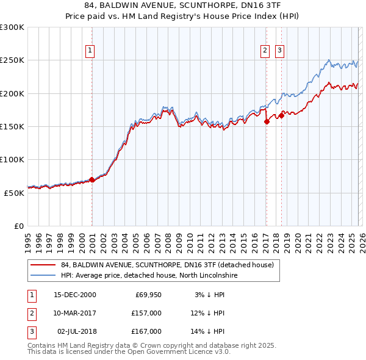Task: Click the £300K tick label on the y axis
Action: (x=12, y=27)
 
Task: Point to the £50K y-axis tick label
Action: (x=14, y=192)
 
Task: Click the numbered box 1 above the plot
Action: (x=90, y=51)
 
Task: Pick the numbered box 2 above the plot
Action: (x=265, y=51)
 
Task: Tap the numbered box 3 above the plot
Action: (x=280, y=51)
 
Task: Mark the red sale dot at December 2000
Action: (x=91, y=179)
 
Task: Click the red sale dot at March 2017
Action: (x=267, y=122)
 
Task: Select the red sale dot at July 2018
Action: (x=281, y=115)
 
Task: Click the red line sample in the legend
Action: (x=44, y=265)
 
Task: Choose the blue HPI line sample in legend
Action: (x=44, y=276)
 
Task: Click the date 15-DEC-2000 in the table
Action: (x=75, y=295)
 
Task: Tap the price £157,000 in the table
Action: (x=146, y=313)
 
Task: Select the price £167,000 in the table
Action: (x=146, y=331)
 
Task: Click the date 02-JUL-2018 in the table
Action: (x=76, y=331)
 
